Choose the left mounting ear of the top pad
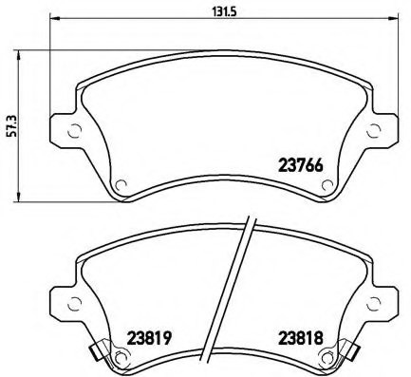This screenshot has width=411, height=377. click(66, 132)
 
